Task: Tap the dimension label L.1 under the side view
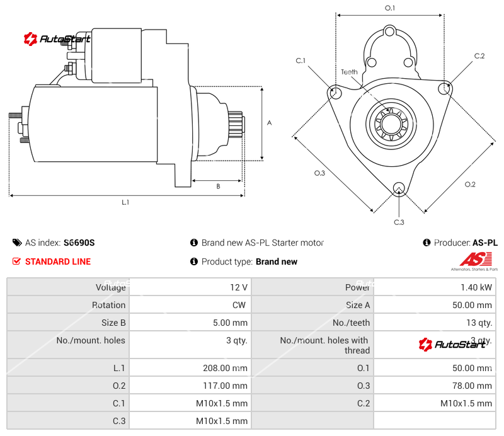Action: pos(125,203)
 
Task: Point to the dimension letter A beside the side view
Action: pos(269,123)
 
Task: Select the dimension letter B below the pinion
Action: pos(218,186)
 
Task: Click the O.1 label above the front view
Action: pos(390,8)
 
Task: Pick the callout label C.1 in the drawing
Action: pos(301,60)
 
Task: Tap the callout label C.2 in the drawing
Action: pos(479,56)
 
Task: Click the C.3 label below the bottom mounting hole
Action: pos(398,222)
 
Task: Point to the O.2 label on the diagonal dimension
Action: pos(470,184)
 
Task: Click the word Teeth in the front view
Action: pos(349,72)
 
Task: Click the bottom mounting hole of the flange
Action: pos(398,188)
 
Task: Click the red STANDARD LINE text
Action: pos(58,261)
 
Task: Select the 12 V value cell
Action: pos(239,287)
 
